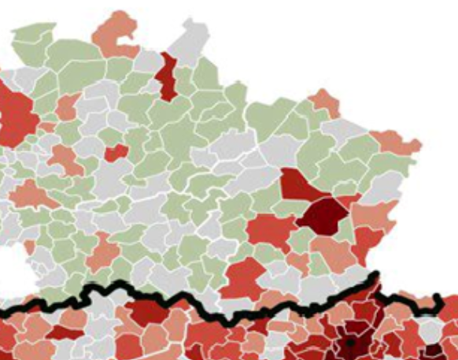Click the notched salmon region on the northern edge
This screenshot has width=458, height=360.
point(116,35)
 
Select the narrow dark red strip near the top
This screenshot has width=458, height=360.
point(167,76)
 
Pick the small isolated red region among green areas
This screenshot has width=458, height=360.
point(116,152)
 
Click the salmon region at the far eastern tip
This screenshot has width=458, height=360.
point(400,143)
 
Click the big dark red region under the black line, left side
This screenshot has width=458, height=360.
point(150,311)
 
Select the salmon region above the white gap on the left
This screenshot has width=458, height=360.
point(31,193)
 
